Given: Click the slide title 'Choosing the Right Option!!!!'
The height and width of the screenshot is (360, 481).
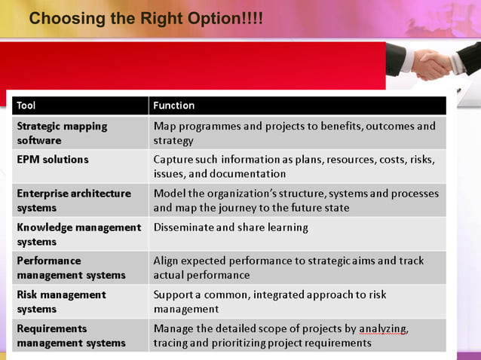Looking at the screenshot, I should [146, 17].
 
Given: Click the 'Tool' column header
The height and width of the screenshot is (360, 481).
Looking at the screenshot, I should [26, 105].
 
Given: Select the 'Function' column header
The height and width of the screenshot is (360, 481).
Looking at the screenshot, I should [173, 105].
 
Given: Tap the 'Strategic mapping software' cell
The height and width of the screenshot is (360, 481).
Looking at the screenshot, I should [62, 133].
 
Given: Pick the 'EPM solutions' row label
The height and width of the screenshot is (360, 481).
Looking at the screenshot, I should [53, 160].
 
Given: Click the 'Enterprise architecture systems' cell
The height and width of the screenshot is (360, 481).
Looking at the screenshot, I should [73, 200].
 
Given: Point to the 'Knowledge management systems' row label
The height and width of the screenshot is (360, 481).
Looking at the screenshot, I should [78, 234].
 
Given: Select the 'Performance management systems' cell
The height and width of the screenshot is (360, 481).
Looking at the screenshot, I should [71, 268].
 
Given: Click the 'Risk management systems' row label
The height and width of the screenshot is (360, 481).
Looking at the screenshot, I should [61, 301].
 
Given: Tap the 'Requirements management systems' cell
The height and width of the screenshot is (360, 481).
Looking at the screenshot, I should [71, 335].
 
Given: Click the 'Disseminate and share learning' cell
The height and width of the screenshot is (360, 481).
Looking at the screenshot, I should [231, 227].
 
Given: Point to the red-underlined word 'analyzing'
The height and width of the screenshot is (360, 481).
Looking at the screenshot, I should [383, 329].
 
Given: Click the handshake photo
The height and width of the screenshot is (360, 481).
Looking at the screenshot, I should [433, 63].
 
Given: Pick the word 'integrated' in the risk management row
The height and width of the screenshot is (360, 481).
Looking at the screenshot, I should [280, 295].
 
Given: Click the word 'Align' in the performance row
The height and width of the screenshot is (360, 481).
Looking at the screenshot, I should [167, 261].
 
